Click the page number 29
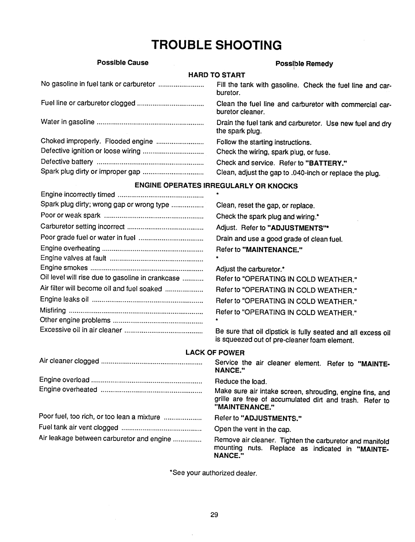point(215,515)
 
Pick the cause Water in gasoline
point(68,122)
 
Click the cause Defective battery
point(67,162)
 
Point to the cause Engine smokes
point(64,268)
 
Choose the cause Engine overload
point(65,380)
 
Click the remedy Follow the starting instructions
point(264,142)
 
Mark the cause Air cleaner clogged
point(69,361)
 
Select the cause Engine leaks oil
point(65,299)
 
